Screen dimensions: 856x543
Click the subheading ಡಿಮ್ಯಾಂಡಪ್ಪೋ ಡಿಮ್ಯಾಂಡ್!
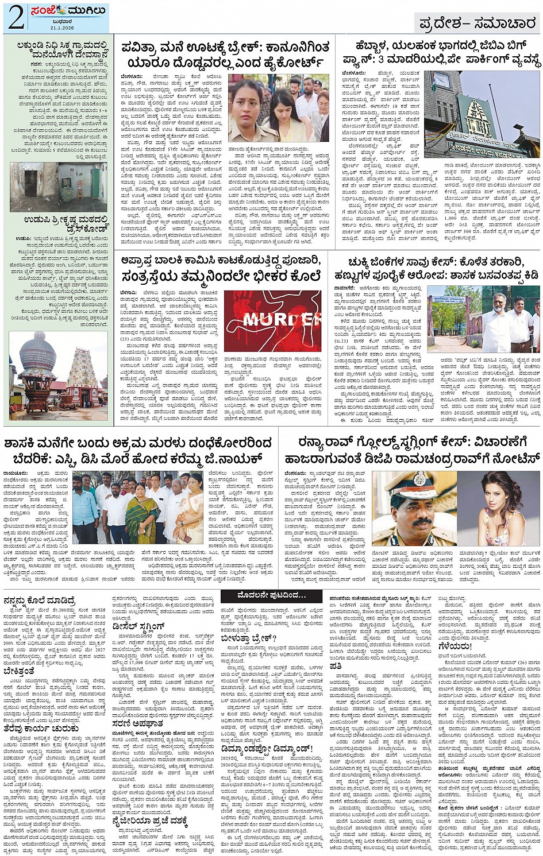[x=267, y=749]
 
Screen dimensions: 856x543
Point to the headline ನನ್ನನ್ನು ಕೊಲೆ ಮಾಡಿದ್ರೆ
[x=39, y=600]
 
